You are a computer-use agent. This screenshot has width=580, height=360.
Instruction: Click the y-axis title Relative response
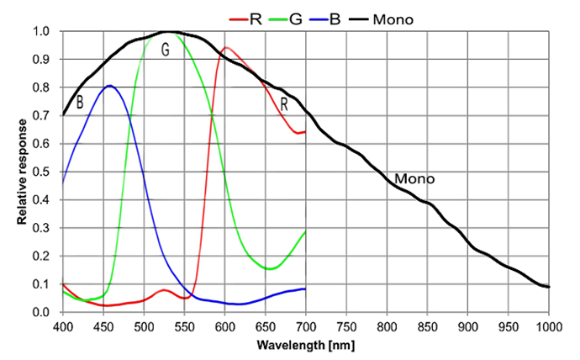[x=23, y=172]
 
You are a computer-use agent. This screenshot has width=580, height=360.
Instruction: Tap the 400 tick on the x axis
[x=63, y=326]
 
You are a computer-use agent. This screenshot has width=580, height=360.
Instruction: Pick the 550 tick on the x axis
[x=184, y=326]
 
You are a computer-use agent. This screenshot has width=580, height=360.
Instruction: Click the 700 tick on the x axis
[x=306, y=326]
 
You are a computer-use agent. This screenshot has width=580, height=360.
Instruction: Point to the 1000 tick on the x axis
[x=548, y=326]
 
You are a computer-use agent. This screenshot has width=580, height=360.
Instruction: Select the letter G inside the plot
[x=166, y=50]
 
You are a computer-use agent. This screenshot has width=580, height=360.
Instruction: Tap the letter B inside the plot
[x=80, y=103]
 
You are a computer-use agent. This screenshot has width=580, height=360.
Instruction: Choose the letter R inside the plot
[x=284, y=104]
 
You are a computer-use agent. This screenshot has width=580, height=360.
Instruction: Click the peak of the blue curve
[x=109, y=86]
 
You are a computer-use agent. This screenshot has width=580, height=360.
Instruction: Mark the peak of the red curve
[x=225, y=48]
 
